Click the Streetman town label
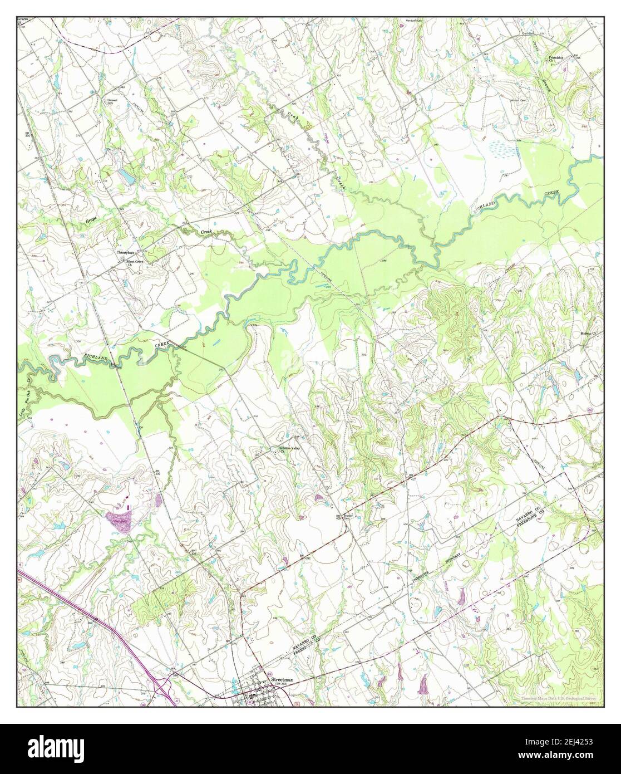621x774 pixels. [x=282, y=680]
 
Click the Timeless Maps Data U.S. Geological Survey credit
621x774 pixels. [x=559, y=699]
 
